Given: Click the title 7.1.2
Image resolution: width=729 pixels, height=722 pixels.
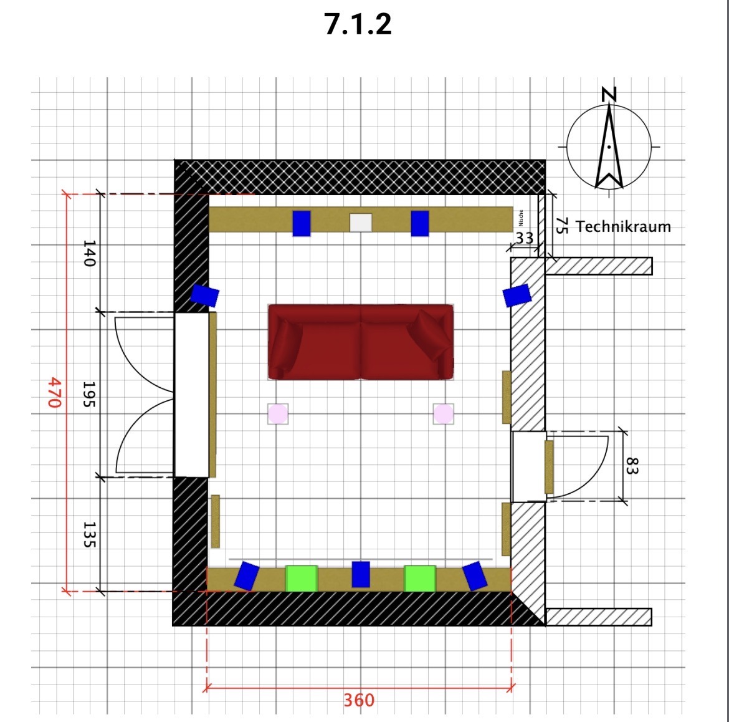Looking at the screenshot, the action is (x=358, y=24).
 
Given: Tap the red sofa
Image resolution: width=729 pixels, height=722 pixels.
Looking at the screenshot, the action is (x=361, y=342).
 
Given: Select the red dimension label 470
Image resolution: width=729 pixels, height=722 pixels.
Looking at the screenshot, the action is (x=55, y=392).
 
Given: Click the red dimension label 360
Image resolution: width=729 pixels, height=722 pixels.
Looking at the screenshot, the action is (x=359, y=700).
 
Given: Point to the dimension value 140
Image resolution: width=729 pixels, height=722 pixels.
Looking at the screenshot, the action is (x=89, y=254).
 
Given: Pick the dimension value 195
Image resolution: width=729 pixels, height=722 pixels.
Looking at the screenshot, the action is (x=89, y=394).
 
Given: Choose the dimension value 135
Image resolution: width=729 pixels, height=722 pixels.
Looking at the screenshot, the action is (x=89, y=534).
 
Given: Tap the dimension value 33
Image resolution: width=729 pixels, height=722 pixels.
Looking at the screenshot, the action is (x=525, y=238).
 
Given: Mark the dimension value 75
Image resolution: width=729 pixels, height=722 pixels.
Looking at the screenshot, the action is (x=562, y=226).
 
